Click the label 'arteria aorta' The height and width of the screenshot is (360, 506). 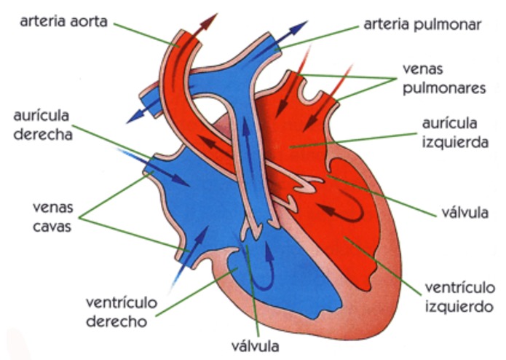point(63,21)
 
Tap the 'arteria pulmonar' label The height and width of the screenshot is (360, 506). point(422,25)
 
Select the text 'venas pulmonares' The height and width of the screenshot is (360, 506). point(444,79)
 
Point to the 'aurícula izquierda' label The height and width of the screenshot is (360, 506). point(455,133)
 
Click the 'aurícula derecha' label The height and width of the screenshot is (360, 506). point(43,125)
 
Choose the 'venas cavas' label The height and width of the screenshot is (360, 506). point(52,217)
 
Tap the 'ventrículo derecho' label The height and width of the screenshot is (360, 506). point(122,312)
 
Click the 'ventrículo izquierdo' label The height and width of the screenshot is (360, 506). point(459,297)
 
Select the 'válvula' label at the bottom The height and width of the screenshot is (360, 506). point(256,346)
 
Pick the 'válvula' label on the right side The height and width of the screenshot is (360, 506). point(465,213)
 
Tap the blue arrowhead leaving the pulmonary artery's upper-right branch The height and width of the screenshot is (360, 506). point(299,27)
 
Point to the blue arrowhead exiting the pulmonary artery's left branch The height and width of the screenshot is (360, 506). point(134,117)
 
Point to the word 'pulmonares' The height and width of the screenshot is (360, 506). point(444,88)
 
